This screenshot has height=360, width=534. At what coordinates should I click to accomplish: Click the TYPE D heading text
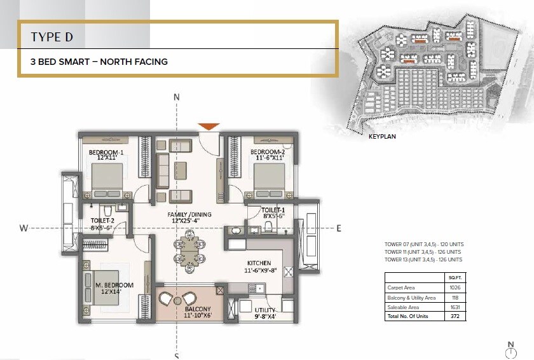pyautogui.click(x=52, y=37)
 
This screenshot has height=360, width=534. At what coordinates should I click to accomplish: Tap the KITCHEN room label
pyautogui.click(x=259, y=263)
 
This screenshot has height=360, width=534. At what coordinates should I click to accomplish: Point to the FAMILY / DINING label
pyautogui.click(x=190, y=215)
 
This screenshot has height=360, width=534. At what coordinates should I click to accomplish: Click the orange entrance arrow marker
pyautogui.click(x=209, y=127)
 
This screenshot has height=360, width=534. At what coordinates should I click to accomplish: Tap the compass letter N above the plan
pyautogui.click(x=177, y=97)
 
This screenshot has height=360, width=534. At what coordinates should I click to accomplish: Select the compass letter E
pyautogui.click(x=339, y=228)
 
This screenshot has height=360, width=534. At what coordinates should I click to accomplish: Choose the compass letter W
pyautogui.click(x=23, y=228)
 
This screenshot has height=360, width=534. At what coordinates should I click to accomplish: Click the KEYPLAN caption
pyautogui.click(x=382, y=135)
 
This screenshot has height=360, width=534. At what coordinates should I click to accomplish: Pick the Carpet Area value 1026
pyautogui.click(x=455, y=288)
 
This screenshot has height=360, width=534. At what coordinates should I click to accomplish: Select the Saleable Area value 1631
pyautogui.click(x=455, y=307)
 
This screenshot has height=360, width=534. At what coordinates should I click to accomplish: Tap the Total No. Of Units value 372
pyautogui.click(x=455, y=316)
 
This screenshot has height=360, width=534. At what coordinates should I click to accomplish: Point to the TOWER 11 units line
pyautogui.click(x=423, y=252)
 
